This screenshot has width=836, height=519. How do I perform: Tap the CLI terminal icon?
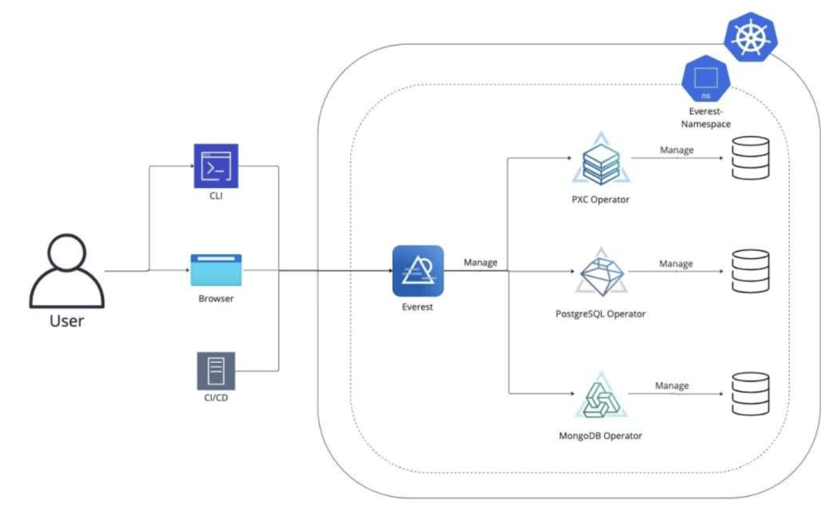coord(216,167)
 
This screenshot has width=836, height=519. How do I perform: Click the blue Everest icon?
coord(417,271)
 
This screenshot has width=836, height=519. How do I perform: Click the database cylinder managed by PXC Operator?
coord(750,158)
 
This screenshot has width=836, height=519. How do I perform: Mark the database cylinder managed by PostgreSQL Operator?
coord(750,271)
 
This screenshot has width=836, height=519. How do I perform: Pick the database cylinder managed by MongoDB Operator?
coord(750,394)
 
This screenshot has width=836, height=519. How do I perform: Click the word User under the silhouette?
coord(67,320)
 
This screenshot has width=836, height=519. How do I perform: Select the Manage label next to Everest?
coord(481,262)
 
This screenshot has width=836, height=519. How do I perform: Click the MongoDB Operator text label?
coord(600,436)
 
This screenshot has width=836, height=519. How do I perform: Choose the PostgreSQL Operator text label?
coord(600,313)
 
